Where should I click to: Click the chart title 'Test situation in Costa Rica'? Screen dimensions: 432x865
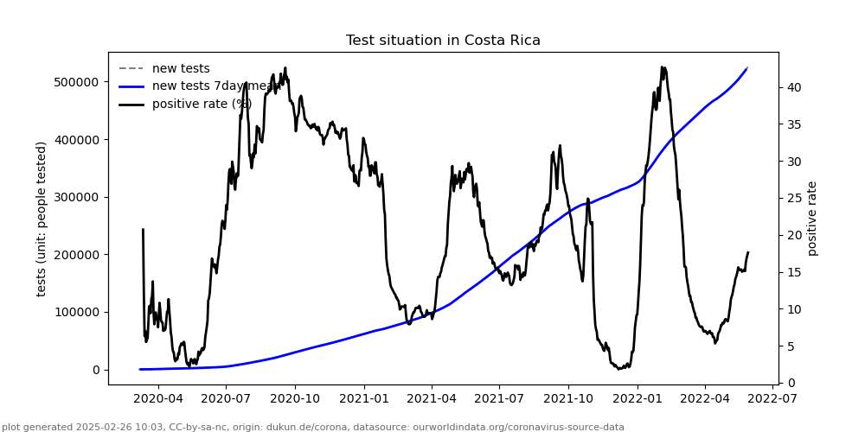click(443, 41)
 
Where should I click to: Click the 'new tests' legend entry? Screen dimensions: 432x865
click(181, 69)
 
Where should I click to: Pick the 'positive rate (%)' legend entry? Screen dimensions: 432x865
click(202, 104)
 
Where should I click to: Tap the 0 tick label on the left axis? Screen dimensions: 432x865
click(95, 370)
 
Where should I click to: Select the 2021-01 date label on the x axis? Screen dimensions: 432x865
click(363, 399)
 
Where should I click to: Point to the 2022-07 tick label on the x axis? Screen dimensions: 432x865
click(772, 399)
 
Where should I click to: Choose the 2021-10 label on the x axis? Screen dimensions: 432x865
click(568, 399)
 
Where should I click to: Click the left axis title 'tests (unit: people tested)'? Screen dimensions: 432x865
click(42, 219)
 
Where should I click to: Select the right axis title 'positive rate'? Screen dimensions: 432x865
click(812, 219)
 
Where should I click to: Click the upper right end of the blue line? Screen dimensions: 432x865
click(747, 68)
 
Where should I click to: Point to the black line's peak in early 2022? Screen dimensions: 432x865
click(662, 67)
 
